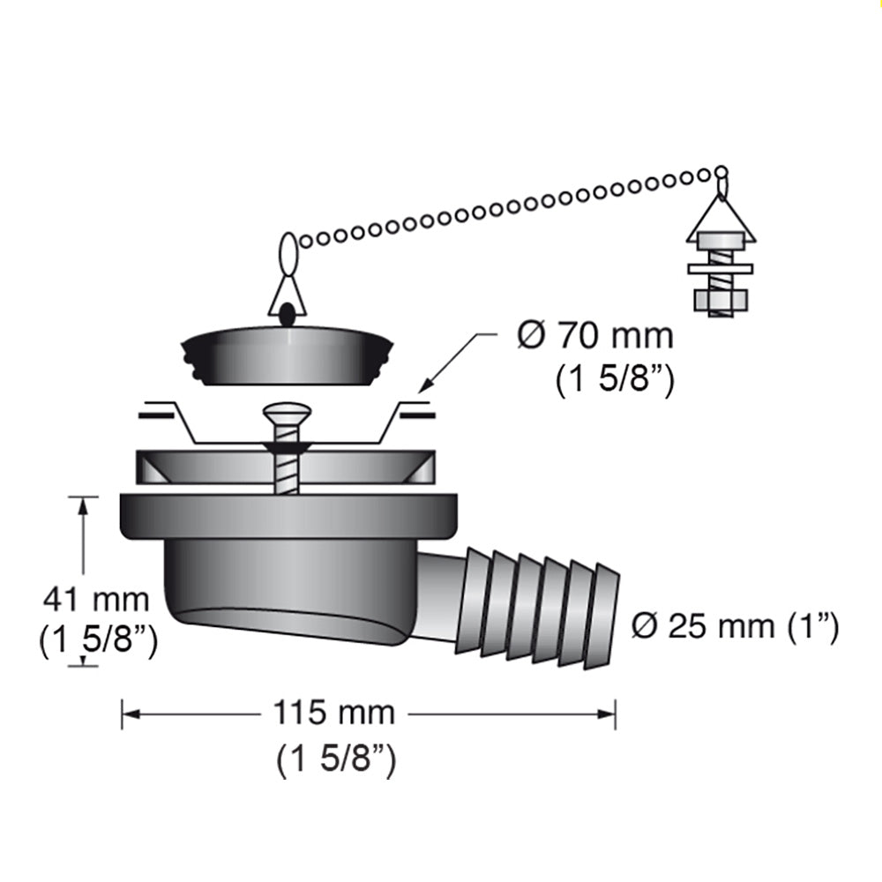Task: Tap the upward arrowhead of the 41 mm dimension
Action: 84,504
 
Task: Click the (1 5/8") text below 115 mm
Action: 335,760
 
